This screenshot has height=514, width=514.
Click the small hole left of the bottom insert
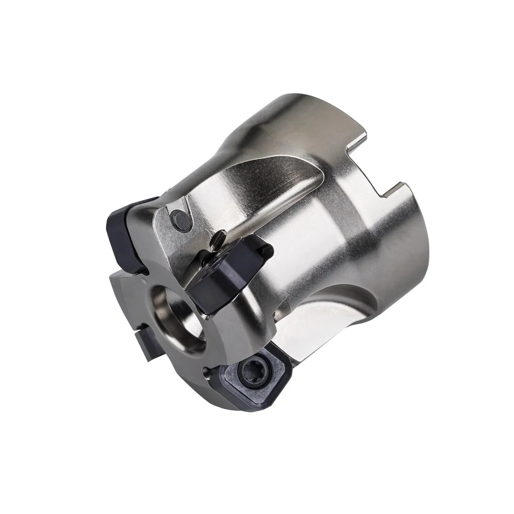[x=206, y=369]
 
